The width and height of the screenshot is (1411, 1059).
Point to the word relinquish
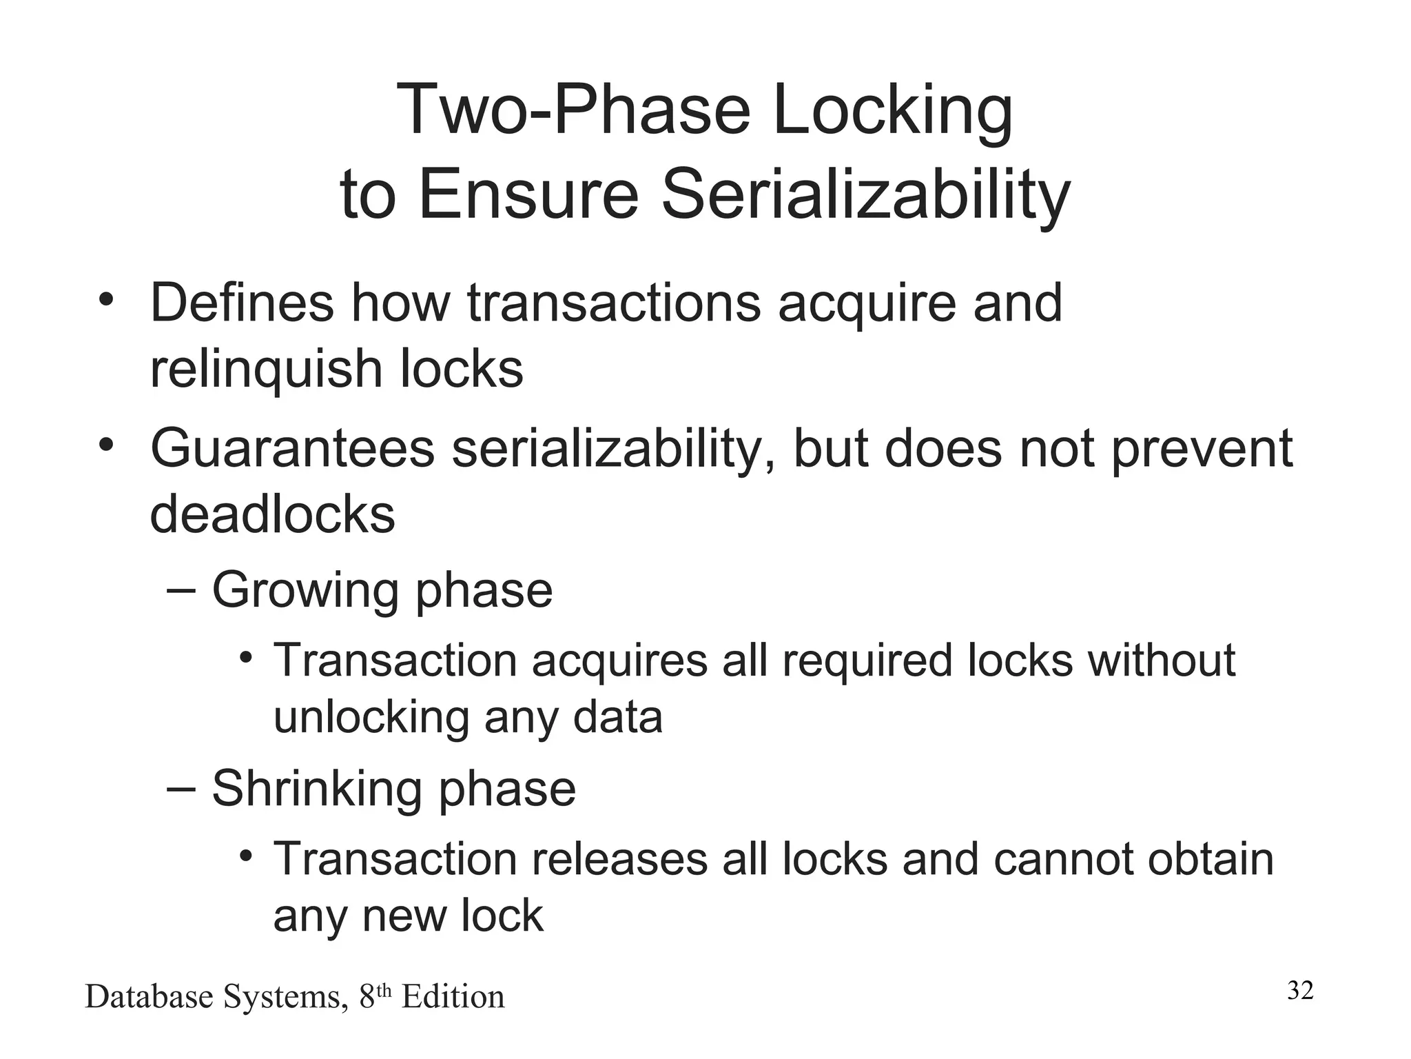coord(266,370)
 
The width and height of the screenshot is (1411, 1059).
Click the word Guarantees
coord(293,449)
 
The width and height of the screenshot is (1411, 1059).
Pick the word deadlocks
coord(272,514)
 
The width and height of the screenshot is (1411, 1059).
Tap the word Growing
coord(305,592)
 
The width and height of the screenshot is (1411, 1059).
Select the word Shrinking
coord(316,789)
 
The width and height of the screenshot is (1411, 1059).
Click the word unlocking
coord(371,718)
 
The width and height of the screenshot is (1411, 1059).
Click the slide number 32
coord(1300,991)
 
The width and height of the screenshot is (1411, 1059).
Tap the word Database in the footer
coord(149,998)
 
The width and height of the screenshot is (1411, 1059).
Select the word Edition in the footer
coord(453,998)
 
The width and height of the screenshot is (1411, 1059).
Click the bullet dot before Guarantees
coord(105,445)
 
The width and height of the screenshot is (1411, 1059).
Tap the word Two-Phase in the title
coord(573,110)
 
